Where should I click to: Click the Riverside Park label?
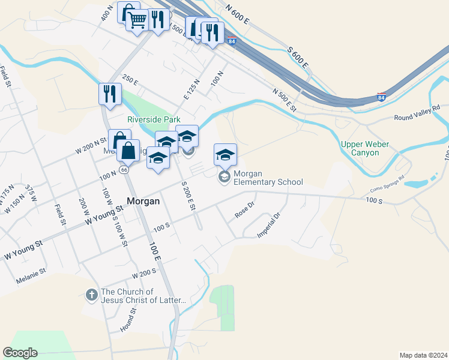pyautogui.click(x=154, y=119)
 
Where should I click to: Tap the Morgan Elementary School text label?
pyautogui.click(x=268, y=178)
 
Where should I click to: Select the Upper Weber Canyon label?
pyautogui.click(x=364, y=148)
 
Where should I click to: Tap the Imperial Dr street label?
pyautogui.click(x=269, y=226)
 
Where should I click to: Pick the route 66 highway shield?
pyautogui.click(x=124, y=170)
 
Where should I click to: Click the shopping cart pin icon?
pyautogui.click(x=137, y=21)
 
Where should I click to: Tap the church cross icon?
pyautogui.click(x=91, y=295)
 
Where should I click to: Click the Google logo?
pyautogui.click(x=20, y=353)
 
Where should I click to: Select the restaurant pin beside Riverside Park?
pyautogui.click(x=110, y=94)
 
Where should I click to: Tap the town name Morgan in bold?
pyautogui.click(x=143, y=202)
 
